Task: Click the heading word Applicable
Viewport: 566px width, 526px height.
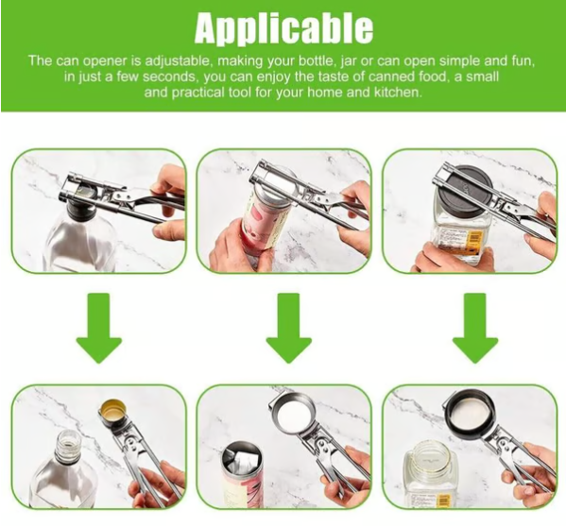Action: (x=283, y=27)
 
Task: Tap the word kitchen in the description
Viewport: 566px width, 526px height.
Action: (x=395, y=93)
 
